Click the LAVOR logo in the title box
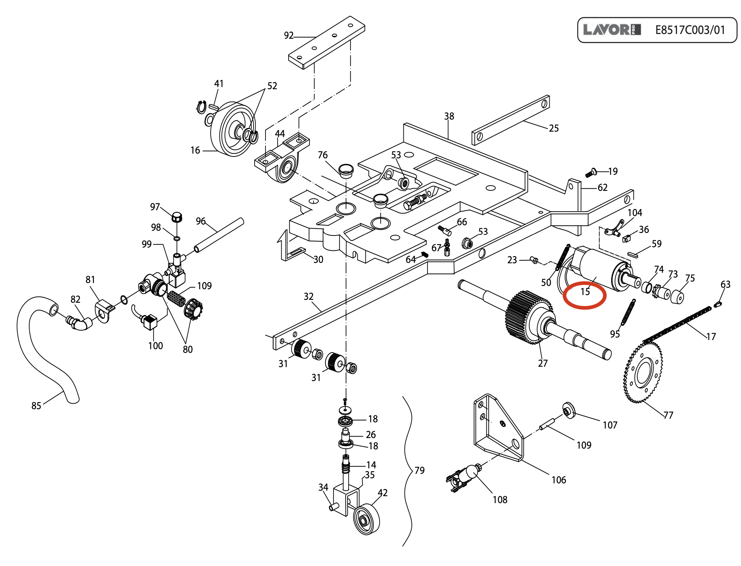tap(612, 30)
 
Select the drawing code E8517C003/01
tap(690, 30)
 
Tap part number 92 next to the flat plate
tap(289, 35)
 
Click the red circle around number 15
tap(584, 295)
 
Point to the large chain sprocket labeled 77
tap(643, 373)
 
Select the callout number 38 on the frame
tap(449, 116)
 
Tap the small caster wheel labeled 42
tap(366, 519)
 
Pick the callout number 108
tap(500, 500)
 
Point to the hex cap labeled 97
tap(177, 217)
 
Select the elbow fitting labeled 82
tap(80, 323)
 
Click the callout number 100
tap(155, 346)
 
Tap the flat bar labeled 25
tap(511, 121)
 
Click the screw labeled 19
tap(590, 173)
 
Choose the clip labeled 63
tap(718, 303)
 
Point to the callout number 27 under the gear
tap(543, 363)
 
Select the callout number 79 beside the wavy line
tap(420, 471)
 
